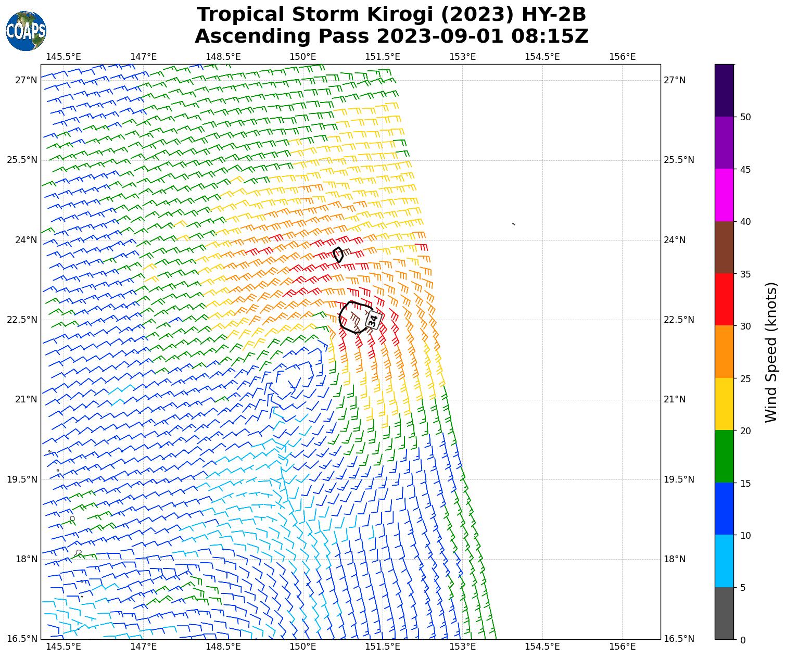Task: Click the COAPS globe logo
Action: click(26, 31)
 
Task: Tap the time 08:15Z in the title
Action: click(550, 36)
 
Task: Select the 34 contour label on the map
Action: click(373, 320)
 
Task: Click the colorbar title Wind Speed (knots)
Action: click(771, 352)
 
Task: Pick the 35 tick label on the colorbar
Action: click(745, 274)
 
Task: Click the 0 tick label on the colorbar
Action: click(742, 640)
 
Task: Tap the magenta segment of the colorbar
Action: click(724, 195)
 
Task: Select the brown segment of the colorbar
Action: click(724, 247)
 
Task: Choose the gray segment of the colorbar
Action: click(724, 613)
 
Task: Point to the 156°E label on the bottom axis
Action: click(623, 647)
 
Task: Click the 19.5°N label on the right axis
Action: click(679, 479)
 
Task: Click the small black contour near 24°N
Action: click(338, 255)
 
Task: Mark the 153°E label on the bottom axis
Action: click(463, 647)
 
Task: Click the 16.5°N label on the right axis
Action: click(679, 639)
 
